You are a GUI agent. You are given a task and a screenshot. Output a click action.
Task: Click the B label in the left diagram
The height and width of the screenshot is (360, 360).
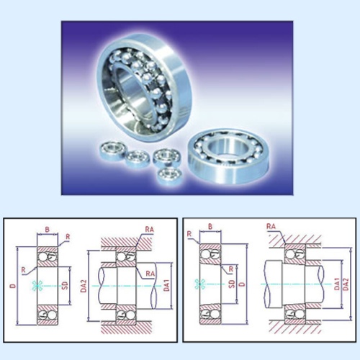[48, 229]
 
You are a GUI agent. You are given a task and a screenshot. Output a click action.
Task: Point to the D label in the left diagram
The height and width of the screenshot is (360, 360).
[13, 286]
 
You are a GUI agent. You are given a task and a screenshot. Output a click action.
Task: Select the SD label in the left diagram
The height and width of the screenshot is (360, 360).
[65, 285]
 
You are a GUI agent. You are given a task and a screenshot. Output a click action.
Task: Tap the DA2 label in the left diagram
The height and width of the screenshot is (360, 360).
[84, 286]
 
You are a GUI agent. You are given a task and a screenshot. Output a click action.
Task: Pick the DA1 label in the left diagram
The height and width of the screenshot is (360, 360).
[166, 285]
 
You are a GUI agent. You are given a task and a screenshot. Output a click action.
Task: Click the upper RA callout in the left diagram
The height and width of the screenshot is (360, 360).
[149, 229]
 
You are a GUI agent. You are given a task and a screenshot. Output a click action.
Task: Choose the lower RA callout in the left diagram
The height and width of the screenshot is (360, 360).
[150, 274]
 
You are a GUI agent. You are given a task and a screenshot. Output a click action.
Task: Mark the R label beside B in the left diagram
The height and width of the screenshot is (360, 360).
[68, 237]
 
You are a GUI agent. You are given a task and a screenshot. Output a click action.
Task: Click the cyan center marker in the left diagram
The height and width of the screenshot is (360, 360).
[36, 286]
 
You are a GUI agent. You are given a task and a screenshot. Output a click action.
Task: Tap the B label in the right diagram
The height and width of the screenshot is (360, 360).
[210, 226]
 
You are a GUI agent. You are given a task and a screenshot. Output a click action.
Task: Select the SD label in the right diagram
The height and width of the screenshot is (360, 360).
[232, 284]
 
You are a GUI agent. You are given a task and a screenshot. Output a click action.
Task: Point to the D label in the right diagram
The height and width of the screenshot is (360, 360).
[243, 284]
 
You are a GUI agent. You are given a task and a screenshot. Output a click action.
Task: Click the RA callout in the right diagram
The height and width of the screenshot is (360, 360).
[271, 226]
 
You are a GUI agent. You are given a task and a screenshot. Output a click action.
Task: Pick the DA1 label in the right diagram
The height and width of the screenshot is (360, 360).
[337, 284]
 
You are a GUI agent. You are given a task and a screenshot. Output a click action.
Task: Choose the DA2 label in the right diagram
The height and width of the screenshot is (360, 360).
[346, 284]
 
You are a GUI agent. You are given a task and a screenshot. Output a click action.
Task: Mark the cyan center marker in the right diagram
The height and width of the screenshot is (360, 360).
[199, 284]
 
